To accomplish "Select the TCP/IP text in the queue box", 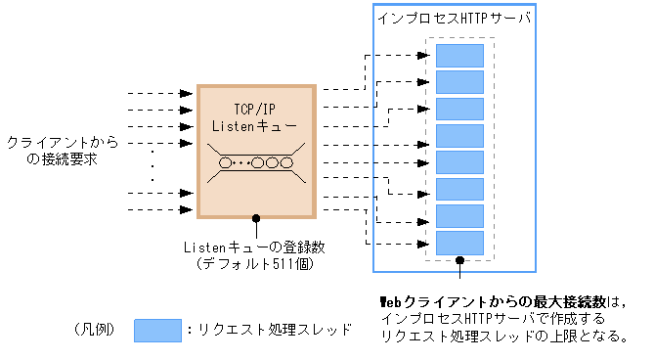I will click(256, 109).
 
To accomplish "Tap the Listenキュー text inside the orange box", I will click(256, 126).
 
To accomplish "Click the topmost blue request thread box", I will click(459, 56).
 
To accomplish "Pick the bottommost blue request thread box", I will click(459, 242).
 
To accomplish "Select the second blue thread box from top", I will click(459, 82).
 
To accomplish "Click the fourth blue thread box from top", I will click(459, 135).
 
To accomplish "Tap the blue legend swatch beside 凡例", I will click(157, 330).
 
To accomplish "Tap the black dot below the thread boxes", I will click(459, 261).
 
